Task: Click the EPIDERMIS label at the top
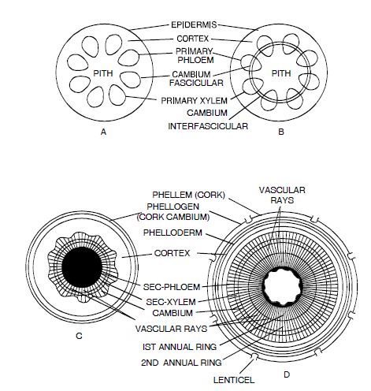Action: pos(194,25)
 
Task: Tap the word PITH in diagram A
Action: pos(103,73)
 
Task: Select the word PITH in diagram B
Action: pos(281,73)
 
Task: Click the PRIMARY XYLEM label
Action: pos(194,101)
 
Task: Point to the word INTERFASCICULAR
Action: pos(208,126)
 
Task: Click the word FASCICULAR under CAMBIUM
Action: pos(196,83)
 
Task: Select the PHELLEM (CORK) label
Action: pos(188,195)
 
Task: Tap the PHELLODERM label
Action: pos(173,233)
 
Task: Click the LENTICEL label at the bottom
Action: pos(234,380)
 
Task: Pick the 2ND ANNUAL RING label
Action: pos(181,363)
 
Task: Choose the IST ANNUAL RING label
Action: pos(180,347)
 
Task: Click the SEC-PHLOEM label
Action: pos(172,287)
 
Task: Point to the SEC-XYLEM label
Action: pos(171,302)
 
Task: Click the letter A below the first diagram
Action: pos(103,132)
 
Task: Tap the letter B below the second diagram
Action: pos(281,132)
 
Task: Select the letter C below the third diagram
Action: pos(79,336)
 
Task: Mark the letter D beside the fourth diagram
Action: pos(287,374)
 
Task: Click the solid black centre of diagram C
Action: pos(82,267)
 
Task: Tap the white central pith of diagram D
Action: pos(282,288)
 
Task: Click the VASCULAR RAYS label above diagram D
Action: pos(282,195)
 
